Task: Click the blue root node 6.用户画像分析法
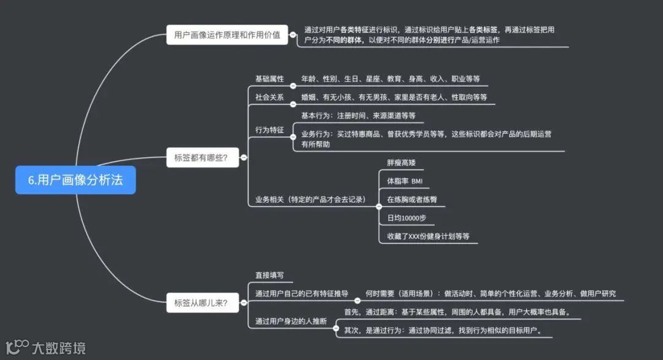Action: pos(76,180)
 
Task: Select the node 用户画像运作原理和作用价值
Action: pos(227,35)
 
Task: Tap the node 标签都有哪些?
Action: pos(201,158)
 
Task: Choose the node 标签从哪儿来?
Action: pos(201,302)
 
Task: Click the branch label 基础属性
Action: pos(269,79)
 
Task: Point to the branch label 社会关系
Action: pos(269,97)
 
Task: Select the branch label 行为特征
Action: pos(269,130)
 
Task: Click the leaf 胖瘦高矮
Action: pos(401,163)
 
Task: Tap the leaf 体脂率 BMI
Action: pos(405,181)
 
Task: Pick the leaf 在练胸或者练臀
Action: pos(412,200)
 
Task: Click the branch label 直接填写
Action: pos(269,275)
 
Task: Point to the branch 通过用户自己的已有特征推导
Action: pos(301,294)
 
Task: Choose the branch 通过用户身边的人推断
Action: pos(291,321)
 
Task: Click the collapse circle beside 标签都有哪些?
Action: pos(244,158)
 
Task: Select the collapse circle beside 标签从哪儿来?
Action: pos(244,302)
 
